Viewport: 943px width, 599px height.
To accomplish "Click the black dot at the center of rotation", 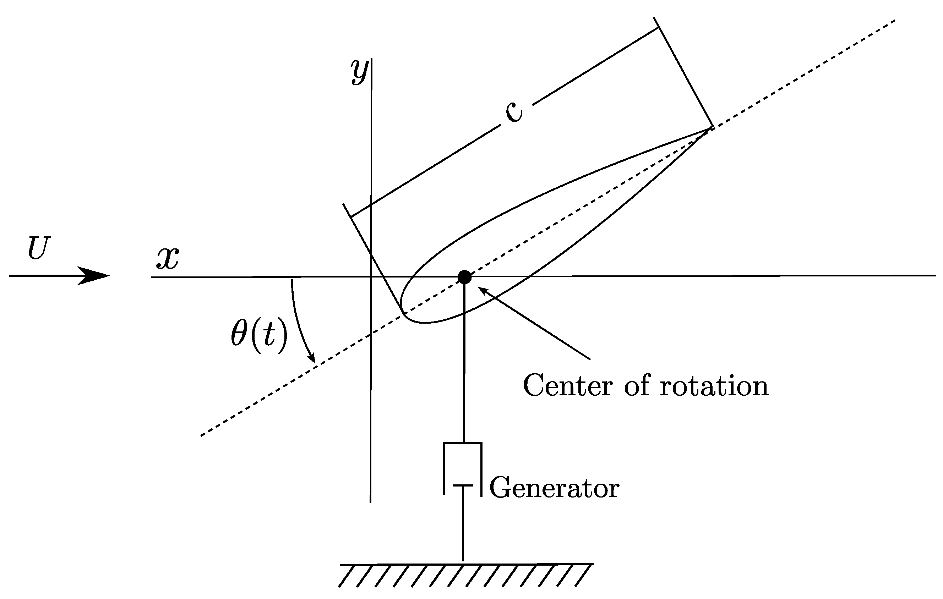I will (x=464, y=277).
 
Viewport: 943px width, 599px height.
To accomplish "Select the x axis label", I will (x=168, y=259).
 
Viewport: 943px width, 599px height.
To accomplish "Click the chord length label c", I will (x=514, y=111).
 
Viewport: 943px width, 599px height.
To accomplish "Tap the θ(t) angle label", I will (x=259, y=334).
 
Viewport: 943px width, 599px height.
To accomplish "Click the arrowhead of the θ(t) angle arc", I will (x=312, y=358).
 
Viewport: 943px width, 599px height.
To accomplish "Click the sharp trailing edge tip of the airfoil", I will (x=710, y=128).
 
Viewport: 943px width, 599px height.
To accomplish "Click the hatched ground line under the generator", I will (x=466, y=564).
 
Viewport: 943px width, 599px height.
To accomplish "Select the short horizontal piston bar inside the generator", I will (x=463, y=485).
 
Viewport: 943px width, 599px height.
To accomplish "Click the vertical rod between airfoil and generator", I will (x=464, y=372).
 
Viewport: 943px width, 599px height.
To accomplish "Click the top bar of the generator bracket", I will (x=463, y=443).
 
